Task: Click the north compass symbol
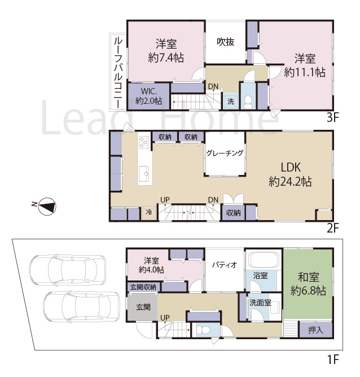point(47,207)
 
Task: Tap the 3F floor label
point(332,117)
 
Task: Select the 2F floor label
point(332,228)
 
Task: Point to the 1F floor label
point(333,360)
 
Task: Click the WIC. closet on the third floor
point(149,96)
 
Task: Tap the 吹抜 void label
point(225,42)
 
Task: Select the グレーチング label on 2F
point(225,153)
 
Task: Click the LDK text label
point(291,168)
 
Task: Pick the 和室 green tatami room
point(308,284)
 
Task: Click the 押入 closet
point(315,330)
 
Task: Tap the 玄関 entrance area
point(143,307)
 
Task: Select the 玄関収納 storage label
point(143,287)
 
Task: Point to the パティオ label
point(225,265)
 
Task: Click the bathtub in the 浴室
point(264,260)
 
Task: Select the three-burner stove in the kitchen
point(144,142)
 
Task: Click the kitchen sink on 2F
point(144,173)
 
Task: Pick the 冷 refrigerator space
point(149,213)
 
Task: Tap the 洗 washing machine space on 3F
point(231,101)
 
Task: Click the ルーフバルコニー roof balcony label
point(118,72)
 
